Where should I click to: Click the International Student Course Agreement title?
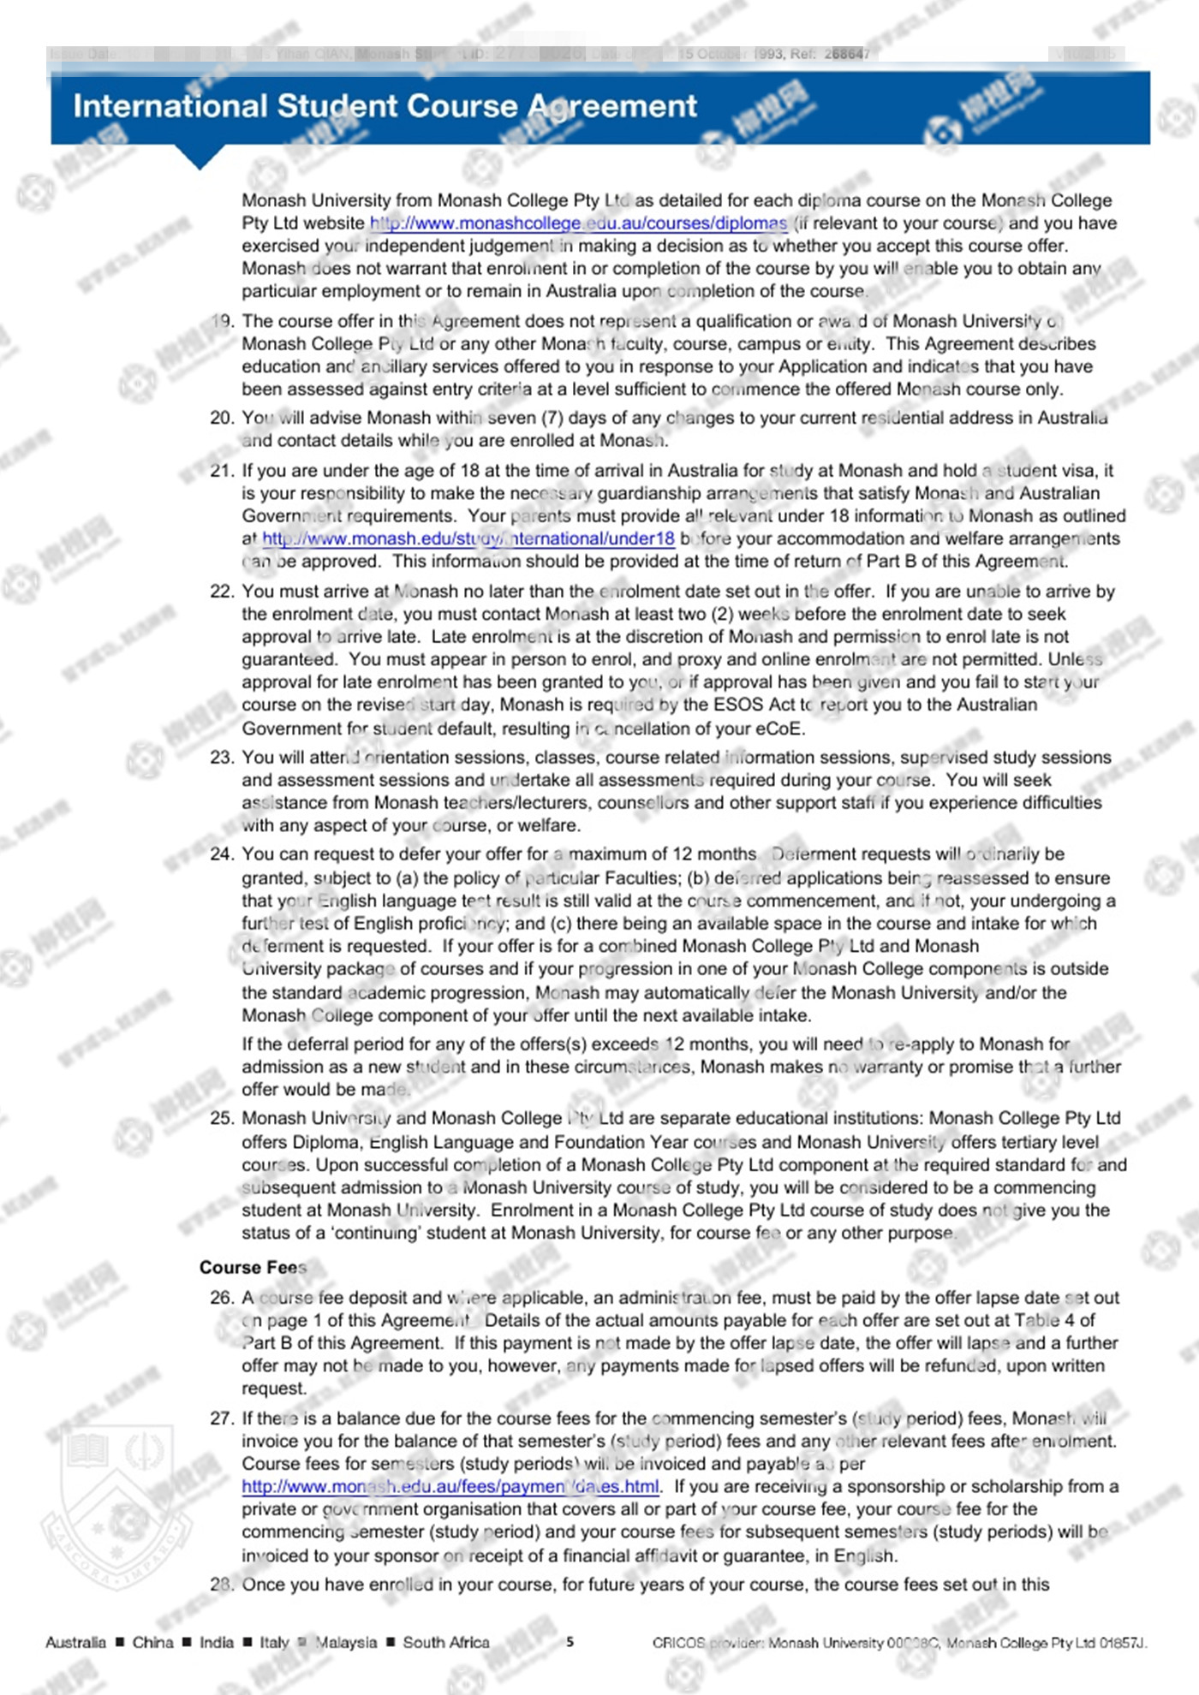click(x=385, y=106)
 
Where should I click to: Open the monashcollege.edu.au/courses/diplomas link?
click(x=578, y=223)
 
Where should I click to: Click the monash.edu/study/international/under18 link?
click(x=468, y=539)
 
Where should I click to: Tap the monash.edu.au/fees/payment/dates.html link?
click(x=450, y=1486)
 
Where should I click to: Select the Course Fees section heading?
click(x=253, y=1268)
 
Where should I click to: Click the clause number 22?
click(x=221, y=592)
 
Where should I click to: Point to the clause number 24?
click(x=221, y=854)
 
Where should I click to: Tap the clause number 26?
click(x=221, y=1298)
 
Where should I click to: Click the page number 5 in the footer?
click(x=570, y=1642)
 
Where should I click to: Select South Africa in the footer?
click(x=446, y=1642)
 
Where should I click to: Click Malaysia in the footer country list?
click(x=346, y=1642)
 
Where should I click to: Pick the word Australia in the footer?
click(x=76, y=1642)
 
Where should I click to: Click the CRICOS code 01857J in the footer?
click(x=1122, y=1643)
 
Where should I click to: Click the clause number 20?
click(x=221, y=418)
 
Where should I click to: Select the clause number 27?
click(x=221, y=1418)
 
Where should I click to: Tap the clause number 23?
click(x=221, y=758)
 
